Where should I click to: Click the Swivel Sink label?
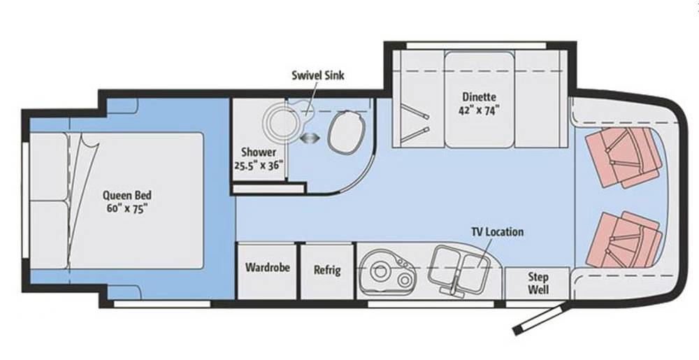(318, 75)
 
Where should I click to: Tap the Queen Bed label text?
(127, 195)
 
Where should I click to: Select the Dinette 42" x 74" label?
(480, 103)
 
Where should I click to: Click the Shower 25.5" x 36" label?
(259, 159)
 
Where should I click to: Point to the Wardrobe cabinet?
(267, 271)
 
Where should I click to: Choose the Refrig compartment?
(328, 271)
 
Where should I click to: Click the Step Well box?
(538, 283)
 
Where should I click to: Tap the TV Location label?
(498, 231)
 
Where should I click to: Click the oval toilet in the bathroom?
(347, 131)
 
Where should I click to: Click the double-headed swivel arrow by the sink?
(310, 138)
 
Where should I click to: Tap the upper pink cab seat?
(624, 156)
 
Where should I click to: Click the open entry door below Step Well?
(540, 318)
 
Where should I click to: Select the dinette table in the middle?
(480, 100)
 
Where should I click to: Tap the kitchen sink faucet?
(454, 287)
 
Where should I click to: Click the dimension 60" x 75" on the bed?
(127, 208)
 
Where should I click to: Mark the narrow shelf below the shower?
(268, 189)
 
